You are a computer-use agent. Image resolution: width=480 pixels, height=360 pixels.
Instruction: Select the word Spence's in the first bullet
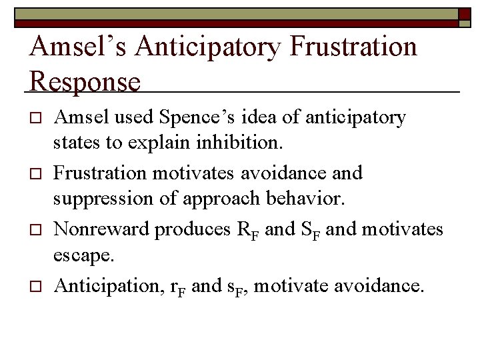(x=185, y=118)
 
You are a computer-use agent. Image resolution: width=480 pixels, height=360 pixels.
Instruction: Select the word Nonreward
(x=101, y=229)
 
